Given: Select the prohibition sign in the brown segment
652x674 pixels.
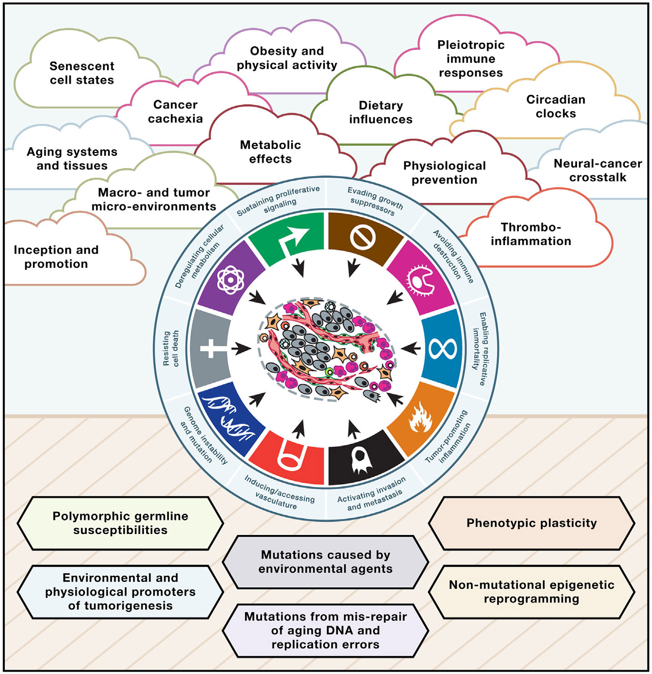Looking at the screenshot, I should [x=363, y=237].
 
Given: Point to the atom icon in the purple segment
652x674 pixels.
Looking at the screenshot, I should [x=231, y=279].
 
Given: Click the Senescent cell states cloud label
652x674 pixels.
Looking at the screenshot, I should [x=82, y=73].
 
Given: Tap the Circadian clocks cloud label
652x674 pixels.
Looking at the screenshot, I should [x=556, y=107].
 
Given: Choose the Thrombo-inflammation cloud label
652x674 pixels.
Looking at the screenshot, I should [x=531, y=234].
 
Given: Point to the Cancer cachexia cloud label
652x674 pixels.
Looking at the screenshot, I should [x=175, y=112].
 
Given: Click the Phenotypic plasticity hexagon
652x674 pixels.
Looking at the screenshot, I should [x=531, y=523].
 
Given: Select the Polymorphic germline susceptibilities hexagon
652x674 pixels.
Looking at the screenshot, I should [x=120, y=523].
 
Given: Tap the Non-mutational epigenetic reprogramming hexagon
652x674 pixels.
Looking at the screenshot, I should [x=531, y=592].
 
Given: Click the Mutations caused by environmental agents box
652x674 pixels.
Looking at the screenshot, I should [x=326, y=562].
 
